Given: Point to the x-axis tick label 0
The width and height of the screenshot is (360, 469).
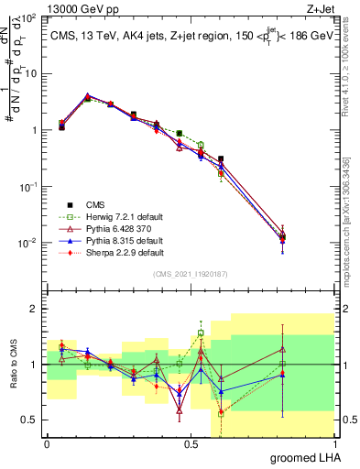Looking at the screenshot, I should coord(47,443).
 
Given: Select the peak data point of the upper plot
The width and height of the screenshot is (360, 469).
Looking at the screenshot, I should coord(86,96).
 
